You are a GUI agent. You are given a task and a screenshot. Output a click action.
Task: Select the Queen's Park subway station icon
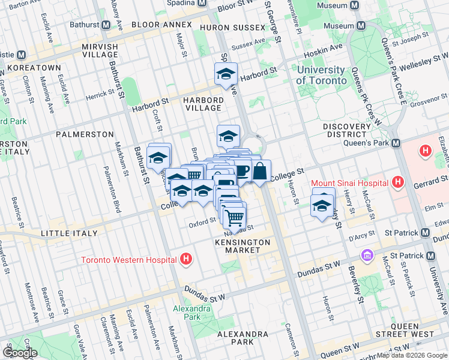[396, 143]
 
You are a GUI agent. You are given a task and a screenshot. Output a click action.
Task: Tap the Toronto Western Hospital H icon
[186, 259]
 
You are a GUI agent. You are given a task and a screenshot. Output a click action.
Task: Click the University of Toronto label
[321, 75]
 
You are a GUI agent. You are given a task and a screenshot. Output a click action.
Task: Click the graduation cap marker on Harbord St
[226, 74]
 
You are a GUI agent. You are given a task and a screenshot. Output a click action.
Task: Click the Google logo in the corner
[20, 353]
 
